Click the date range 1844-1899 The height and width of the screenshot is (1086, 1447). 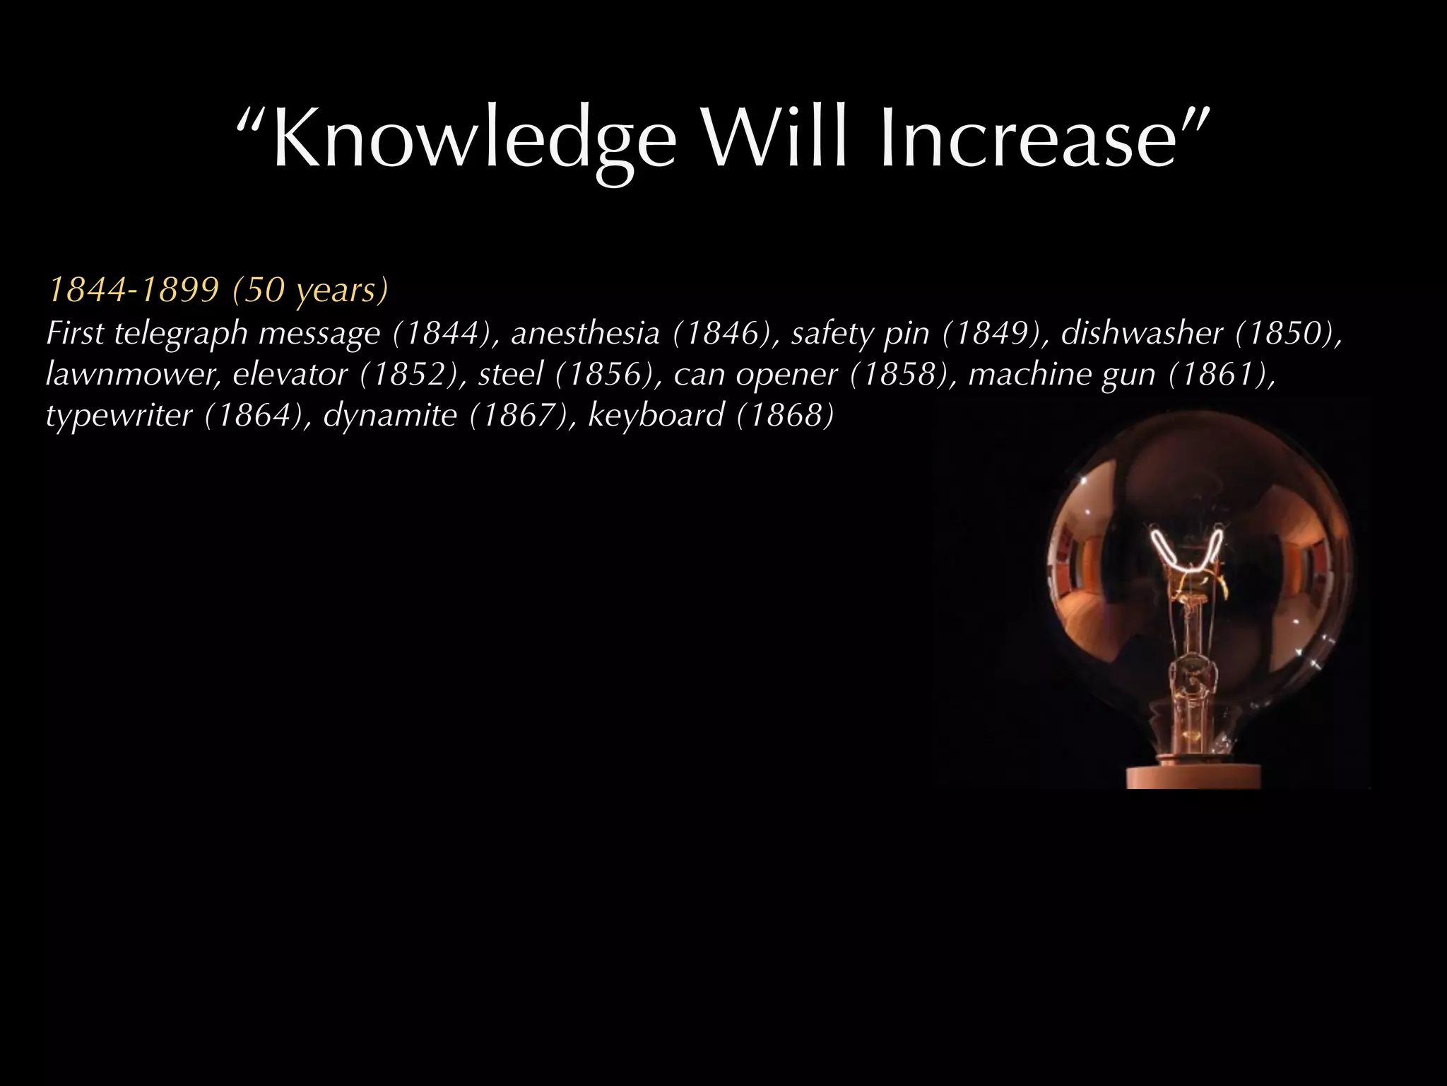point(133,290)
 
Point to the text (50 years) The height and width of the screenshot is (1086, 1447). point(311,290)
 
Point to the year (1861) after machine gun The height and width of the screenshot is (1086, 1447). point(1222,374)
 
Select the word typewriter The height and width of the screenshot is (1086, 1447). point(119,415)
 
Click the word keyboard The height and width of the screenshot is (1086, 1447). point(656,415)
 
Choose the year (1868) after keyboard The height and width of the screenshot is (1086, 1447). point(785,415)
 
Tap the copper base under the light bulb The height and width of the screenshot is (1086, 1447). point(1193,776)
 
